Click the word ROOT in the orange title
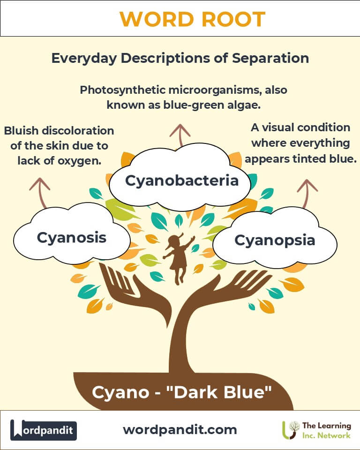(x=233, y=19)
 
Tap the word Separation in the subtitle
(x=270, y=58)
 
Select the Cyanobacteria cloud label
(x=182, y=180)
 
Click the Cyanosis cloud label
(x=71, y=238)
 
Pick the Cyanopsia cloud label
(x=275, y=240)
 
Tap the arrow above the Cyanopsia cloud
(x=307, y=194)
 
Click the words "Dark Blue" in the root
(x=219, y=392)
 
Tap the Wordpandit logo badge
(x=43, y=430)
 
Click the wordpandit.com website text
(x=180, y=430)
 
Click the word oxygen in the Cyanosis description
(x=80, y=161)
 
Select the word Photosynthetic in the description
(x=122, y=90)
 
